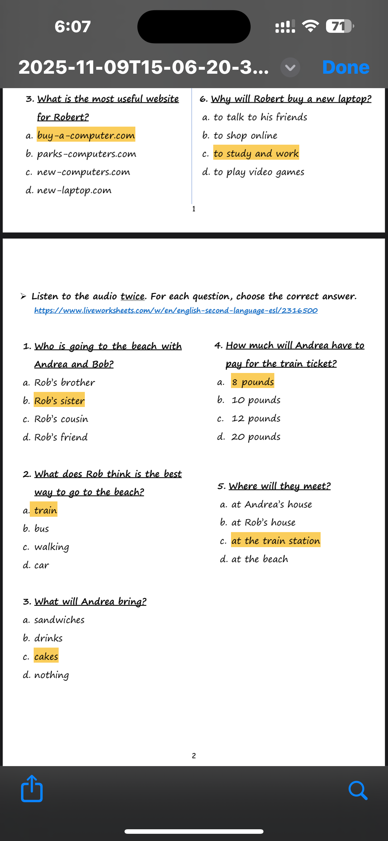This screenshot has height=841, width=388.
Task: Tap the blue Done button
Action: pos(346,67)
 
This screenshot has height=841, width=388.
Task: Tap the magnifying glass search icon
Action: pos(358,790)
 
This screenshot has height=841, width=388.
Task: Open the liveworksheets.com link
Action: pos(176,310)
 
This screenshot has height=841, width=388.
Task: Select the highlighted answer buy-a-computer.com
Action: pos(86,135)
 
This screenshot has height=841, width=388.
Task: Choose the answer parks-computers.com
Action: pos(87,154)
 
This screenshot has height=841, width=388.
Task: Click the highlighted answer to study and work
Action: pos(256,153)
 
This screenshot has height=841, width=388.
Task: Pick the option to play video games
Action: pos(259,172)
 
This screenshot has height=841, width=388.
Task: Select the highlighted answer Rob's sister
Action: pos(60,401)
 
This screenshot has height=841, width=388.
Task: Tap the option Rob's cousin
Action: pos(61,419)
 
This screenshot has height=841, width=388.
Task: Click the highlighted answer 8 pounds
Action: pos(252,382)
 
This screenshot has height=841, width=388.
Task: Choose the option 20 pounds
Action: pos(256,437)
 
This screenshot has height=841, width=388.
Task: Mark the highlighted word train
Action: pos(45,510)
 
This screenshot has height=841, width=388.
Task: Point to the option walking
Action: pos(52,547)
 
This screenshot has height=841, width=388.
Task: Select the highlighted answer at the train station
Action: pos(276,541)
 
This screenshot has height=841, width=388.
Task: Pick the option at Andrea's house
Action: pos(271,504)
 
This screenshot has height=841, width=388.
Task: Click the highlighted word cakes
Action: pos(46,656)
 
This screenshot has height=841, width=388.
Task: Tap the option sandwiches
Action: pos(59,620)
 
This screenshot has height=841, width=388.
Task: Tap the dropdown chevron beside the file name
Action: pos(290,68)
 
